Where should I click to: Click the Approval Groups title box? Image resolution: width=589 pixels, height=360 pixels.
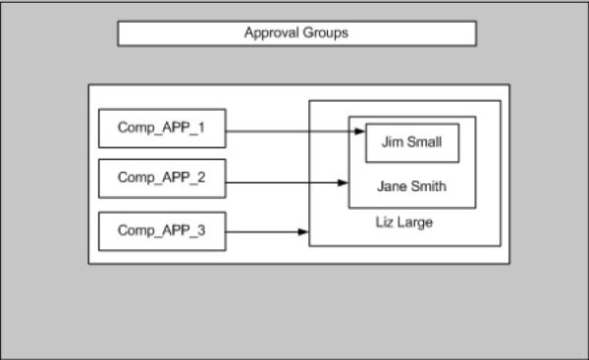point(296,33)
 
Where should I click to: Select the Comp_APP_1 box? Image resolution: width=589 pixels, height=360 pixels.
point(162,128)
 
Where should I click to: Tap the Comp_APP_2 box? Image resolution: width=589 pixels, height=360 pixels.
point(162,179)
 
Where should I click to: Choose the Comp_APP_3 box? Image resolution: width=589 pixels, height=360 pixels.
point(162,231)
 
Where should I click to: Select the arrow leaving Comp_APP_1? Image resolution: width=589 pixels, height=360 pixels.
point(290,129)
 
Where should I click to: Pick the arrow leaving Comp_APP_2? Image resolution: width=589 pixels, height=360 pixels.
point(285,181)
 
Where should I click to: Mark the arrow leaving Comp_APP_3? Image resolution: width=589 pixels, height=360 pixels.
point(265,231)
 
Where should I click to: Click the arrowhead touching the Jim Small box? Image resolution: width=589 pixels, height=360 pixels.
point(360,129)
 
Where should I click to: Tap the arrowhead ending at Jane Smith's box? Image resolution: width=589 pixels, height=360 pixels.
point(344,181)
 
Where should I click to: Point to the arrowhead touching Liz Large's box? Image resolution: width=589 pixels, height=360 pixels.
point(304,231)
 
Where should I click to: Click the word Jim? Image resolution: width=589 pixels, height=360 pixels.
point(390,142)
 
